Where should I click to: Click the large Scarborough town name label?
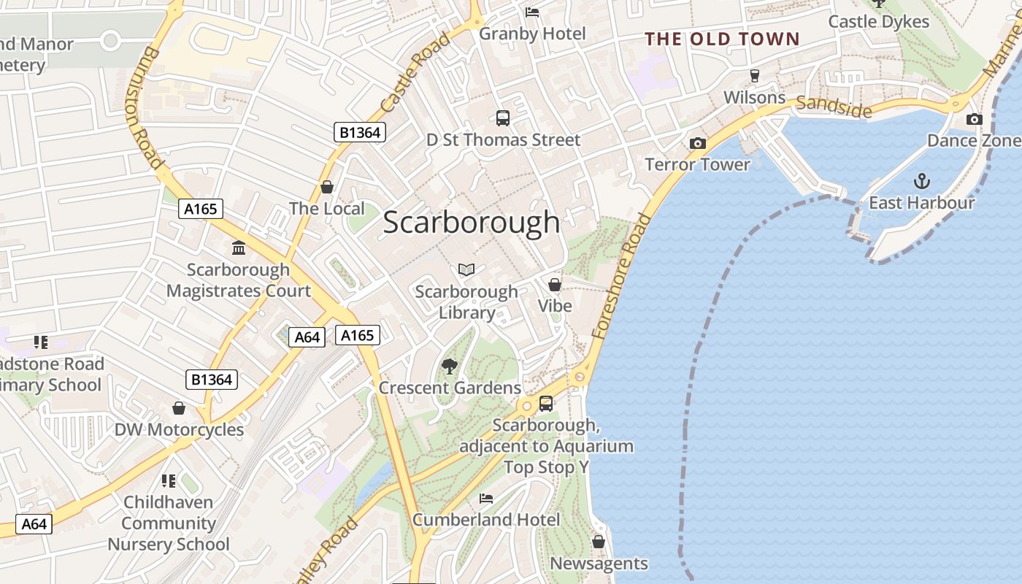click(471, 223)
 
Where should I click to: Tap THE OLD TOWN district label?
click(722, 39)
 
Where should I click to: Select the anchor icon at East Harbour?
click(922, 180)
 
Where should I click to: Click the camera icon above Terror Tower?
click(698, 143)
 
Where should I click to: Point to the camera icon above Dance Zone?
click(974, 119)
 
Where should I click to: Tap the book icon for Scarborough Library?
click(466, 269)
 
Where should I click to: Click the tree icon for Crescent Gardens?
click(450, 366)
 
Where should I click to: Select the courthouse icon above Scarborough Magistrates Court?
click(239, 247)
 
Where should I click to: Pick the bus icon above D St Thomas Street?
click(503, 118)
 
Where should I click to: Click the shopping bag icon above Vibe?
click(555, 284)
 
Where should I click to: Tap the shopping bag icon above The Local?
click(327, 187)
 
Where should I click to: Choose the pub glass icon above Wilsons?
click(755, 76)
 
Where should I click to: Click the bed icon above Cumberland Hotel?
click(486, 499)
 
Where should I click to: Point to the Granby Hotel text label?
click(532, 34)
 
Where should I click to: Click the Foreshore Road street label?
click(621, 276)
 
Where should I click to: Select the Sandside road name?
click(834, 107)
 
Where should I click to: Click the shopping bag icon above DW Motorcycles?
click(179, 408)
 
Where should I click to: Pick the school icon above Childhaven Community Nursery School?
click(169, 480)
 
